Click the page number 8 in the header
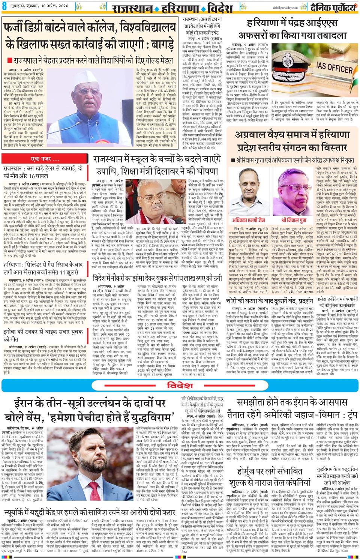coord(5,7)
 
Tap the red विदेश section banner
coord(180,385)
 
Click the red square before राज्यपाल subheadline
coord(9,60)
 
